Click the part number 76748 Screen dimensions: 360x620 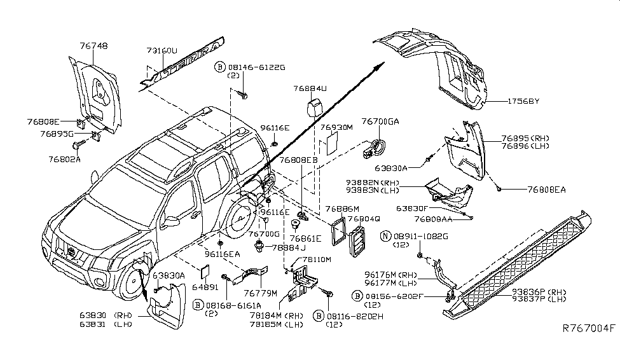coord(93,46)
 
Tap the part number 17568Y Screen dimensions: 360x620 coord(523,100)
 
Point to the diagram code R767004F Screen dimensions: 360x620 coord(589,329)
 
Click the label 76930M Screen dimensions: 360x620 coord(336,128)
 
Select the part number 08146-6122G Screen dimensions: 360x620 coord(256,66)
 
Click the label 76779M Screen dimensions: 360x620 coord(261,293)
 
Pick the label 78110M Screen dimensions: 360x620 coord(317,260)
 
